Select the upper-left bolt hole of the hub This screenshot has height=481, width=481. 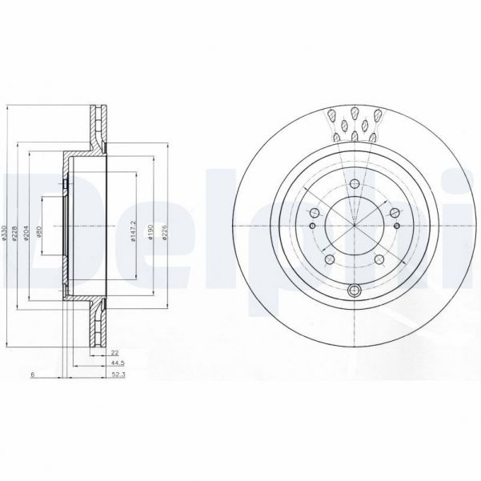(x=313, y=212)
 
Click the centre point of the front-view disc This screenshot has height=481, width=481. (x=355, y=225)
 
